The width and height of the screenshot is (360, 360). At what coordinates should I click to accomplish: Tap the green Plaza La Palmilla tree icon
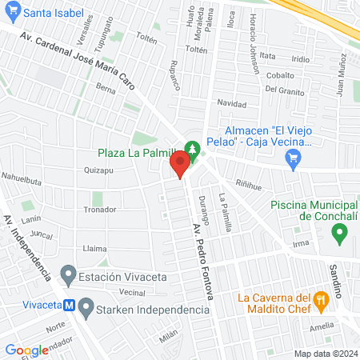point(191,149)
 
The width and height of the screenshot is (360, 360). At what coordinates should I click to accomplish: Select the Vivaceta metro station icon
point(70,305)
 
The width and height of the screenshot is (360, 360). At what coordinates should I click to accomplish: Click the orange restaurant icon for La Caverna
point(322,301)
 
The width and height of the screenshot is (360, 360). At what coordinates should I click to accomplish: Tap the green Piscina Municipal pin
point(339,234)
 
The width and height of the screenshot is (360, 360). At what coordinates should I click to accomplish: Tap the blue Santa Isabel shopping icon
point(11,13)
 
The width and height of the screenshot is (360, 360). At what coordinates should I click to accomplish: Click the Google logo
point(26,350)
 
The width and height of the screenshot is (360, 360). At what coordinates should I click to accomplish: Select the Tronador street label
point(100,209)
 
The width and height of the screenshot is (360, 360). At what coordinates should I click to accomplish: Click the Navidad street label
point(232,104)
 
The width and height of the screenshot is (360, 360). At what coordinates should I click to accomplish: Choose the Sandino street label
point(336,278)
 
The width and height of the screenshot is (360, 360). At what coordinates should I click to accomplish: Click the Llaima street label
point(94,249)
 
